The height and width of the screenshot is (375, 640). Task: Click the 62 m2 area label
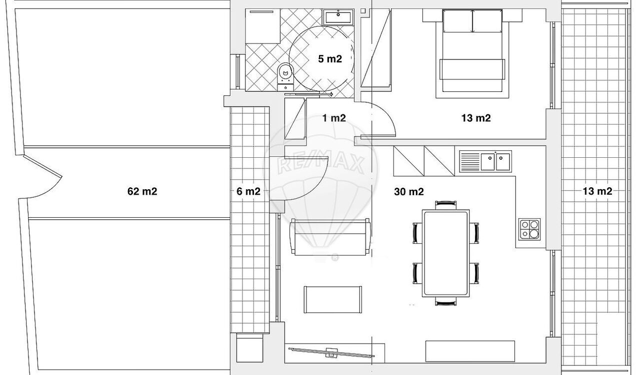[142, 191]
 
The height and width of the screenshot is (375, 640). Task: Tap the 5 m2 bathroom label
[330, 59]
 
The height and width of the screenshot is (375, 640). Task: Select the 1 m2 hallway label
[334, 118]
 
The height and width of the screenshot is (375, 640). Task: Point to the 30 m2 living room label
[409, 192]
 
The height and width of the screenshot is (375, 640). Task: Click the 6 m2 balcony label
[248, 191]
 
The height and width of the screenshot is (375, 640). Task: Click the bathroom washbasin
[338, 16]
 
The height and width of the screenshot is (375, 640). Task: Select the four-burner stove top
[529, 229]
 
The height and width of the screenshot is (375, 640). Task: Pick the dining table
[445, 253]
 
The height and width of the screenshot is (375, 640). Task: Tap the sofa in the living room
[330, 237]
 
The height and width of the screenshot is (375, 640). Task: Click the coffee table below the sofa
[333, 300]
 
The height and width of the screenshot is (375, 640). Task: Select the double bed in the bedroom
[472, 51]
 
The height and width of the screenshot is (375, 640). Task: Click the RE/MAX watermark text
[320, 165]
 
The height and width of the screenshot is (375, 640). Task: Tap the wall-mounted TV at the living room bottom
[331, 353]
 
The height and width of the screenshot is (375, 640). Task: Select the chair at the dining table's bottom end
[445, 301]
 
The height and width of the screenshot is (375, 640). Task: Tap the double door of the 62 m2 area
[40, 177]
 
